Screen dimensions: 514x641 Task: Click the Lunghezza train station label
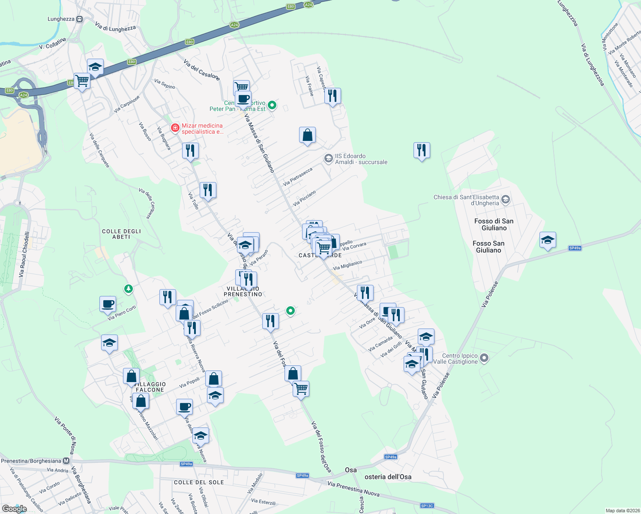click(61, 19)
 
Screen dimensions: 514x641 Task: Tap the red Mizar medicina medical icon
click(175, 128)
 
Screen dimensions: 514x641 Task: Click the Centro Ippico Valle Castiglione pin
click(484, 358)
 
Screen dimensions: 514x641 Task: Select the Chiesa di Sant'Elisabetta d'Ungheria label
click(466, 200)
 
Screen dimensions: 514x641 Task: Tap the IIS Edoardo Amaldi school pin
click(328, 159)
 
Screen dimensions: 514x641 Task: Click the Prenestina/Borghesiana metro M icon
click(66, 461)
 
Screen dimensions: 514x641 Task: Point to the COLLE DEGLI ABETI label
click(121, 234)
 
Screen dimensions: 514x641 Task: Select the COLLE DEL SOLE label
click(199, 482)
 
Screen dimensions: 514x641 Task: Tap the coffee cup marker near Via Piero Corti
click(108, 304)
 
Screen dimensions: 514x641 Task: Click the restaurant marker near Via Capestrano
click(332, 96)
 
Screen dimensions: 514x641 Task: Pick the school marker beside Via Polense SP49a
click(548, 240)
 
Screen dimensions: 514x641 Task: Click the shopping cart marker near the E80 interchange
click(82, 81)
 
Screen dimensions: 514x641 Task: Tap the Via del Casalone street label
click(201, 70)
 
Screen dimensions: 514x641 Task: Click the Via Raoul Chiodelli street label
click(24, 254)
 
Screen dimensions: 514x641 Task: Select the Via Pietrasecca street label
click(298, 176)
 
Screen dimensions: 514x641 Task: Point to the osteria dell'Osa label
click(388, 477)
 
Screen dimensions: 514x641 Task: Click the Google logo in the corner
click(14, 508)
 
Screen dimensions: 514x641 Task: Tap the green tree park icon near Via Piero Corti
click(128, 290)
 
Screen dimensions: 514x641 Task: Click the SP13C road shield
click(427, 506)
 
